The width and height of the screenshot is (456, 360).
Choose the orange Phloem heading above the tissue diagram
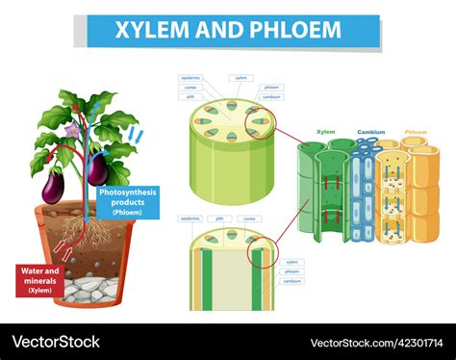416,132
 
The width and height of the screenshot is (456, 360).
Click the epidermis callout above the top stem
190,77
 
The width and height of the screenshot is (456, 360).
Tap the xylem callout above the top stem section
241,77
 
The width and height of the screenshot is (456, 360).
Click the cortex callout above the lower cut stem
250,219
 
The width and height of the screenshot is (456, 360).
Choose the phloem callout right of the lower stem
292,271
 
